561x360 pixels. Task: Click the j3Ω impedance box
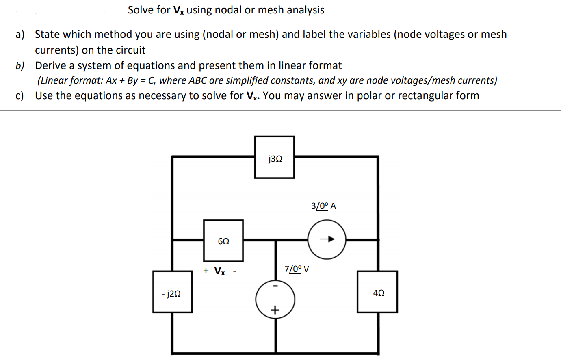pos(274,157)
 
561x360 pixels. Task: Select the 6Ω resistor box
pos(223,241)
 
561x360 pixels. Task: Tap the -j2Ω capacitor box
pos(172,292)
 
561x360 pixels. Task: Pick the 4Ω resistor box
pos(377,292)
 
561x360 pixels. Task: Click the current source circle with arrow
pos(327,239)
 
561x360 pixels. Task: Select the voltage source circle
pos(275,300)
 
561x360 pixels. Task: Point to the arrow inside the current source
pos(327,239)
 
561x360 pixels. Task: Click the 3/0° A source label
pos(323,206)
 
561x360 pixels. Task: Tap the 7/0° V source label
pos(297,269)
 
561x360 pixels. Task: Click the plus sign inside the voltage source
pos(275,311)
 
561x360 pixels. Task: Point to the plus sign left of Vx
pos(206,271)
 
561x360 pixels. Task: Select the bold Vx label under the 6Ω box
pos(219,271)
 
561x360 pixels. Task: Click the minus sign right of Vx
pos(235,271)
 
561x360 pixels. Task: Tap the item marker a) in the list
pos(19,35)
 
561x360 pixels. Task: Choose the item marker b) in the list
pos(19,66)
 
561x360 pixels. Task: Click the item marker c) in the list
pos(19,96)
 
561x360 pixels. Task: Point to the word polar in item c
pos(368,96)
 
